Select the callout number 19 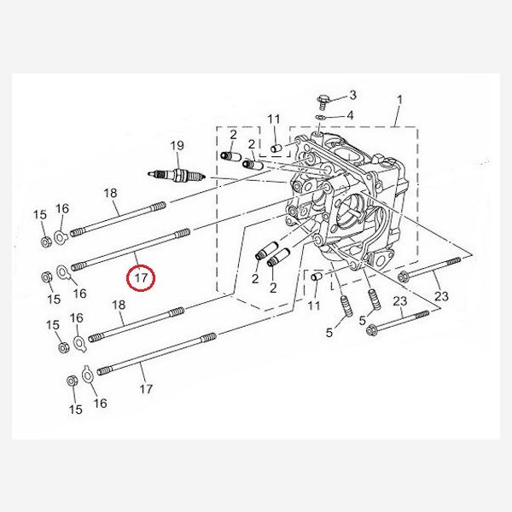[x=177, y=146]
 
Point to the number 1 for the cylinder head [x=399, y=101]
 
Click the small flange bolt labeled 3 [x=322, y=101]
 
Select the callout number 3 [x=352, y=95]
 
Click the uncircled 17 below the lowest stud [x=146, y=389]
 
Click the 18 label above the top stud [x=110, y=194]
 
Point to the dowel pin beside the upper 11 [x=276, y=148]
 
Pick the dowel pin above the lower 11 [x=314, y=278]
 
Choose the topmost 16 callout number [x=62, y=209]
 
